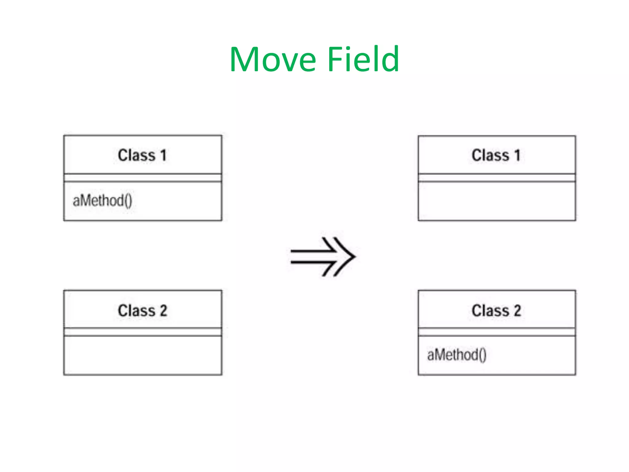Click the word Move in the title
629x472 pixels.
click(x=273, y=59)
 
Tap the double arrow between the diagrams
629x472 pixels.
click(x=323, y=257)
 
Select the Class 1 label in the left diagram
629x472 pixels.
click(x=142, y=155)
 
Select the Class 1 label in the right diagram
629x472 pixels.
click(x=496, y=155)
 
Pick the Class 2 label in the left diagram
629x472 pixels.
click(x=143, y=310)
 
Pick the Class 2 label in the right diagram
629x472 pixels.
click(x=496, y=310)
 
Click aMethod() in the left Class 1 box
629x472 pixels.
click(x=102, y=201)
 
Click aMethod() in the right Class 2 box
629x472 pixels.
click(x=457, y=355)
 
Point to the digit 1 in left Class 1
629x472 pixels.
click(x=163, y=155)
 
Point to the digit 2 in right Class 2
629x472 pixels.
click(x=517, y=310)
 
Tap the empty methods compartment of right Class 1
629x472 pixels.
click(x=497, y=201)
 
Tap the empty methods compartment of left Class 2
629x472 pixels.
click(x=143, y=355)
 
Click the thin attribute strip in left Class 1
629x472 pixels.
click(x=143, y=178)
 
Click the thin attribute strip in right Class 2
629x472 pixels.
click(x=497, y=332)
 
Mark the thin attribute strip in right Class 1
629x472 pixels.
click(x=497, y=178)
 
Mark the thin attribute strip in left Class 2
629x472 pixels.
click(x=143, y=332)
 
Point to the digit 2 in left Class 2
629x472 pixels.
click(x=163, y=310)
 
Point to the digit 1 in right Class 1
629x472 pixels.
click(x=518, y=155)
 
